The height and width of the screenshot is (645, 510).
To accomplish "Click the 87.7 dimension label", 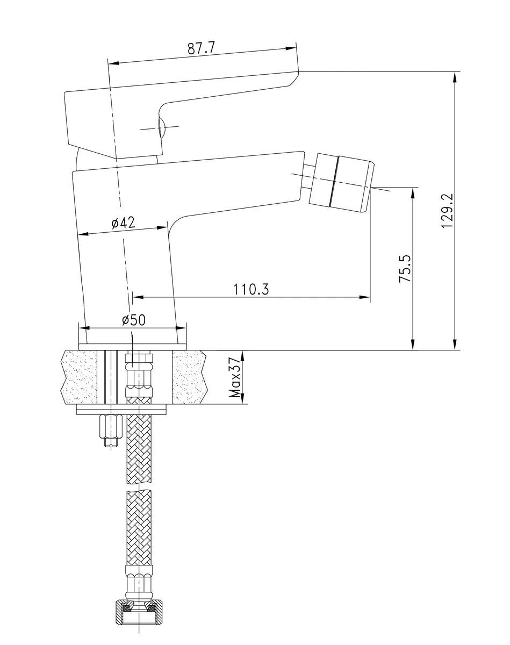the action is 202,48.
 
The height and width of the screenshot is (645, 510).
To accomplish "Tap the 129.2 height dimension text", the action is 447,211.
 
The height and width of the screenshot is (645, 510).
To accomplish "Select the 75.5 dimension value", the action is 405,269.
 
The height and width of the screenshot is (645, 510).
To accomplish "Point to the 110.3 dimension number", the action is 251,289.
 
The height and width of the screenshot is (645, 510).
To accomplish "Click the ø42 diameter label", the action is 123,223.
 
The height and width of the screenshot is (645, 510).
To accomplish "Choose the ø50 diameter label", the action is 134,320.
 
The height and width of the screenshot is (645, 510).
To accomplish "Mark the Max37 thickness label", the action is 235,377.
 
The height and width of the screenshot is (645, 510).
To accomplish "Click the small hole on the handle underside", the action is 162,128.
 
